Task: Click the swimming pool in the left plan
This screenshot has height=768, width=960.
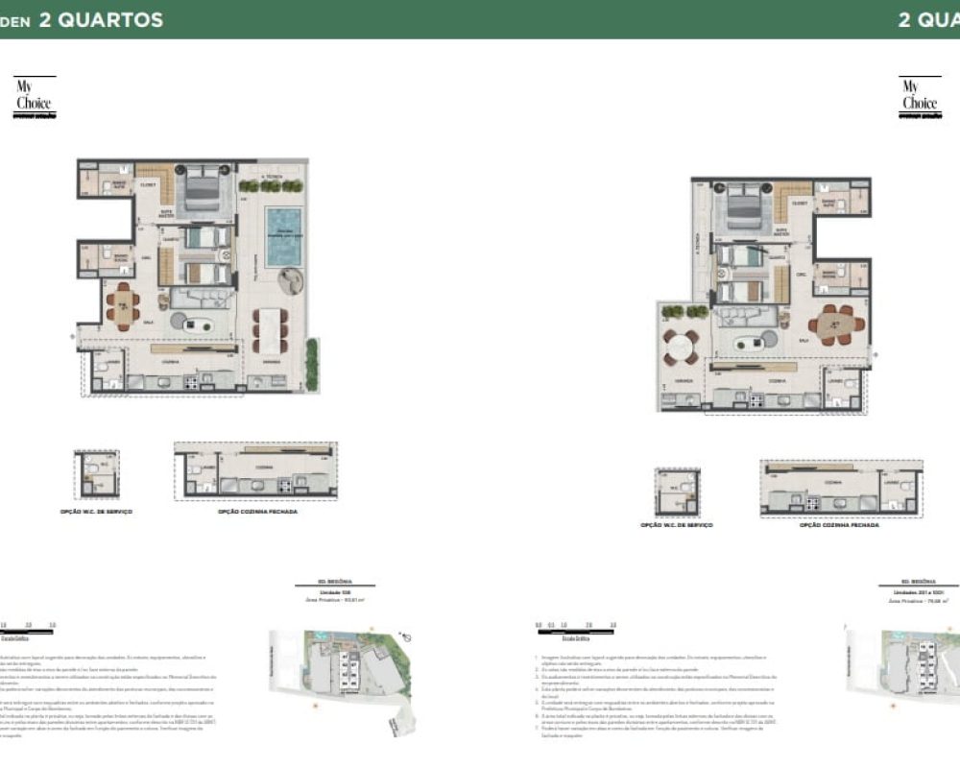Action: click(283, 236)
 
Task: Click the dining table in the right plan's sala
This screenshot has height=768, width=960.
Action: click(835, 324)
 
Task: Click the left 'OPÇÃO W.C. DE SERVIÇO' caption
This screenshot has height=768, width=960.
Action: click(96, 512)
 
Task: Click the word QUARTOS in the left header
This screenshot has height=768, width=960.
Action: click(101, 19)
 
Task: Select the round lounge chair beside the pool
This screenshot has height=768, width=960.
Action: click(290, 281)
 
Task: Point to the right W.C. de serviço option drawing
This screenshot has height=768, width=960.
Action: click(677, 492)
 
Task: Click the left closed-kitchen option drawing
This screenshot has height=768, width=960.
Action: click(255, 470)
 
